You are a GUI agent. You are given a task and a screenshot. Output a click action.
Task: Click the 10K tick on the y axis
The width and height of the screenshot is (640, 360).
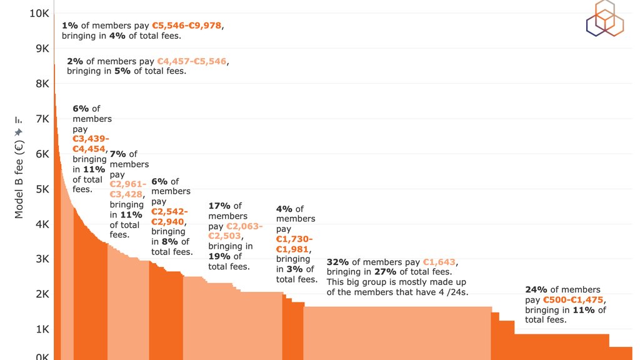click(x=38, y=13)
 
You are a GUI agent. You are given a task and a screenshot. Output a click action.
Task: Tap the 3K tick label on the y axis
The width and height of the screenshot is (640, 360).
click(x=41, y=259)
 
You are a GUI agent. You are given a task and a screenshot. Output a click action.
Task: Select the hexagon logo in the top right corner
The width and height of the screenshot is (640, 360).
click(x=604, y=18)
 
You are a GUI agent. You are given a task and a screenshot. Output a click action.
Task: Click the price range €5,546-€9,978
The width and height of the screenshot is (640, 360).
click(x=187, y=26)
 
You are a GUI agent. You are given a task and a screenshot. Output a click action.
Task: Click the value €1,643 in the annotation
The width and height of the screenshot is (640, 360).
click(x=439, y=262)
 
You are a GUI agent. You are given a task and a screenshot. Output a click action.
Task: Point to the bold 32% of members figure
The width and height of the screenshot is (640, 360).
click(x=337, y=262)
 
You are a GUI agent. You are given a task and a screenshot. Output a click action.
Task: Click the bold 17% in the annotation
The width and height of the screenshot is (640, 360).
click(x=219, y=206)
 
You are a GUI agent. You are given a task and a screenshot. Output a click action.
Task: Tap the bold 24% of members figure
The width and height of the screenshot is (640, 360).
click(x=536, y=289)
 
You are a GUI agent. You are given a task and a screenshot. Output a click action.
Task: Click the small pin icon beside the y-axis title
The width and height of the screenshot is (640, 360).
click(x=18, y=132)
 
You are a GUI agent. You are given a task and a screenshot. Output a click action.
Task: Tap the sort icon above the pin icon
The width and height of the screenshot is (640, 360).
click(x=18, y=120)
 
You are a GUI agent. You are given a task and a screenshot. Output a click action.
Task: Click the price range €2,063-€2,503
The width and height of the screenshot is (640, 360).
click(x=235, y=231)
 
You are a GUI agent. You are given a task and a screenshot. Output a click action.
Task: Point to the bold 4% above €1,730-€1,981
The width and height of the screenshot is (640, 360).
click(x=284, y=209)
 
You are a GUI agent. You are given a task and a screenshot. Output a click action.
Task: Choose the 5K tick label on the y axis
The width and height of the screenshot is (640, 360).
click(x=41, y=189)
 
